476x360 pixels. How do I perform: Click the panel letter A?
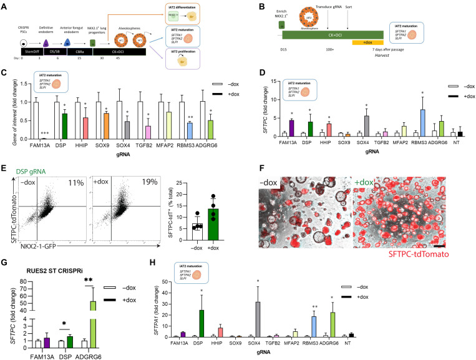(5, 5)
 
